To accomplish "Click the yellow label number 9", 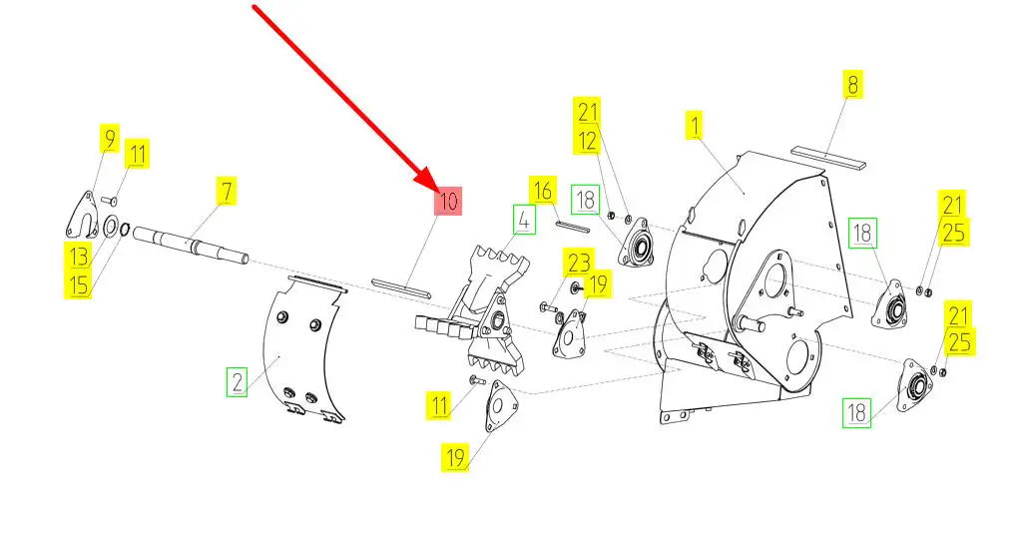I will [x=108, y=138].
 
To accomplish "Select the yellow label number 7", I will [x=227, y=191].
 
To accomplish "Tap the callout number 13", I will [x=79, y=256].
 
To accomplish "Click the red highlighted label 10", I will [x=447, y=201].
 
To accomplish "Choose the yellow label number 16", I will [x=542, y=190].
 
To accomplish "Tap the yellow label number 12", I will [x=586, y=142].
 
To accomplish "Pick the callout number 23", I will [x=579, y=265].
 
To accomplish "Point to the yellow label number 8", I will [x=851, y=85].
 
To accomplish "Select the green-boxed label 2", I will [x=237, y=381].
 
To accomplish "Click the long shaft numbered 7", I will [x=190, y=246].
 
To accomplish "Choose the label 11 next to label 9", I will [x=137, y=155].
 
